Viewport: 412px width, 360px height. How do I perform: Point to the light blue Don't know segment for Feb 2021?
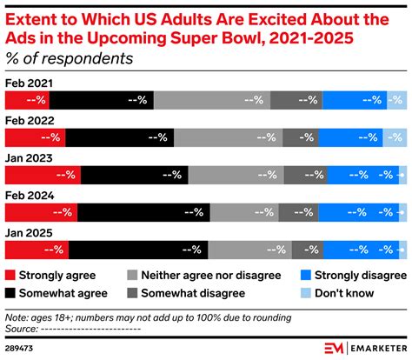[x=396, y=100]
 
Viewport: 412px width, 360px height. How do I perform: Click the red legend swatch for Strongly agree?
[x=11, y=275]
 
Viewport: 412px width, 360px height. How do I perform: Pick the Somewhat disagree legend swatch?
[x=134, y=293]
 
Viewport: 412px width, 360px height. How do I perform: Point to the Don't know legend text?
[x=346, y=293]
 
